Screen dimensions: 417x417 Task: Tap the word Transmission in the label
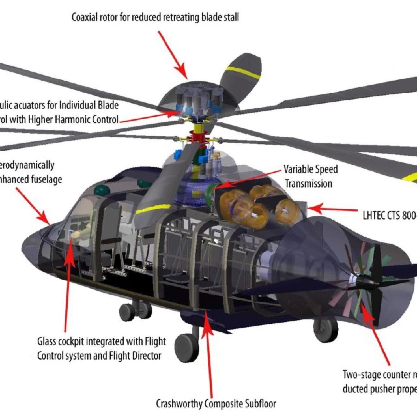click(309, 184)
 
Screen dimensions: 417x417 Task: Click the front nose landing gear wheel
click(187, 348)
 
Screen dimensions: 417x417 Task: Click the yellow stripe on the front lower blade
click(153, 209)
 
